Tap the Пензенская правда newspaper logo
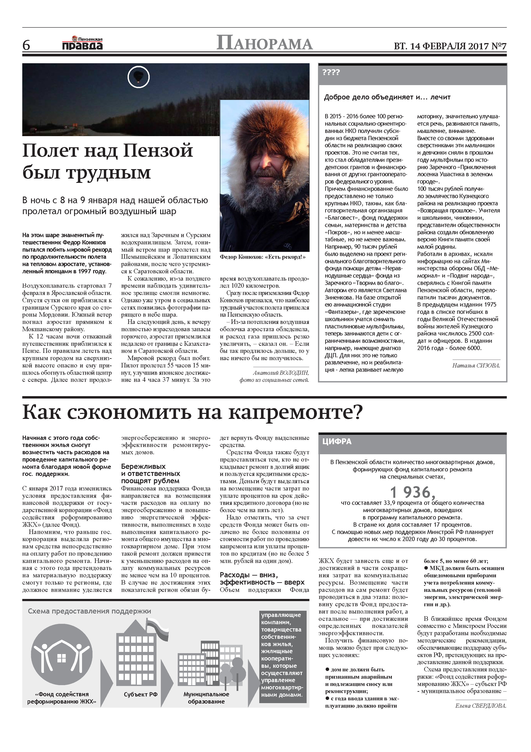(x=82, y=44)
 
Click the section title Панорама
(x=264, y=44)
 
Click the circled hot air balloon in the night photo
(x=138, y=77)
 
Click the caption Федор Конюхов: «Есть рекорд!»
(x=262, y=257)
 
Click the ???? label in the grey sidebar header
(x=331, y=72)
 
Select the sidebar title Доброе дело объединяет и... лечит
(x=387, y=97)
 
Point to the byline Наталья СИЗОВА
(x=476, y=365)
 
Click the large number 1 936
(x=412, y=492)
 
